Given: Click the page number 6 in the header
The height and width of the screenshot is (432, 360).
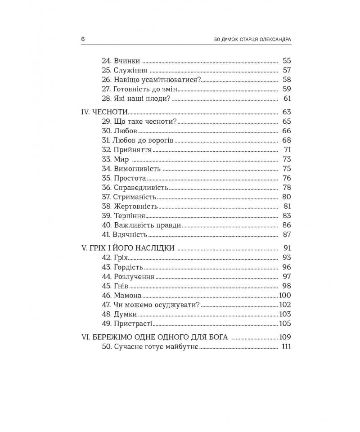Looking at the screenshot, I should click(83, 39).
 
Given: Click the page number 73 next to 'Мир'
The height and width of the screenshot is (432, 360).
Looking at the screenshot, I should click(287, 159).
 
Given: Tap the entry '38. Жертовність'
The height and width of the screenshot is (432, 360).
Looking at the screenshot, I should click(130, 207).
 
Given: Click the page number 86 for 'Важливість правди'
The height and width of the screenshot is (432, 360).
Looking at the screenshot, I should click(287, 225).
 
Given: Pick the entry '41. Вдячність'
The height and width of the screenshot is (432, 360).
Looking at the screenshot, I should click(125, 234).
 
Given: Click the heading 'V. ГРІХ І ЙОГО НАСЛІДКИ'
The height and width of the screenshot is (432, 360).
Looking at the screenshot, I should click(128, 248).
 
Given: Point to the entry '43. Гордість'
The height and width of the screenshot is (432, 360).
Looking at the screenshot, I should click(123, 267).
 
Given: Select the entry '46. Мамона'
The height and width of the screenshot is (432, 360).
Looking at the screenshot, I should click(121, 295).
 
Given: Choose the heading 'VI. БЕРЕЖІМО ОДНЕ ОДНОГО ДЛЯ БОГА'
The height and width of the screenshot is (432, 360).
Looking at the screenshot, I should click(154, 337).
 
